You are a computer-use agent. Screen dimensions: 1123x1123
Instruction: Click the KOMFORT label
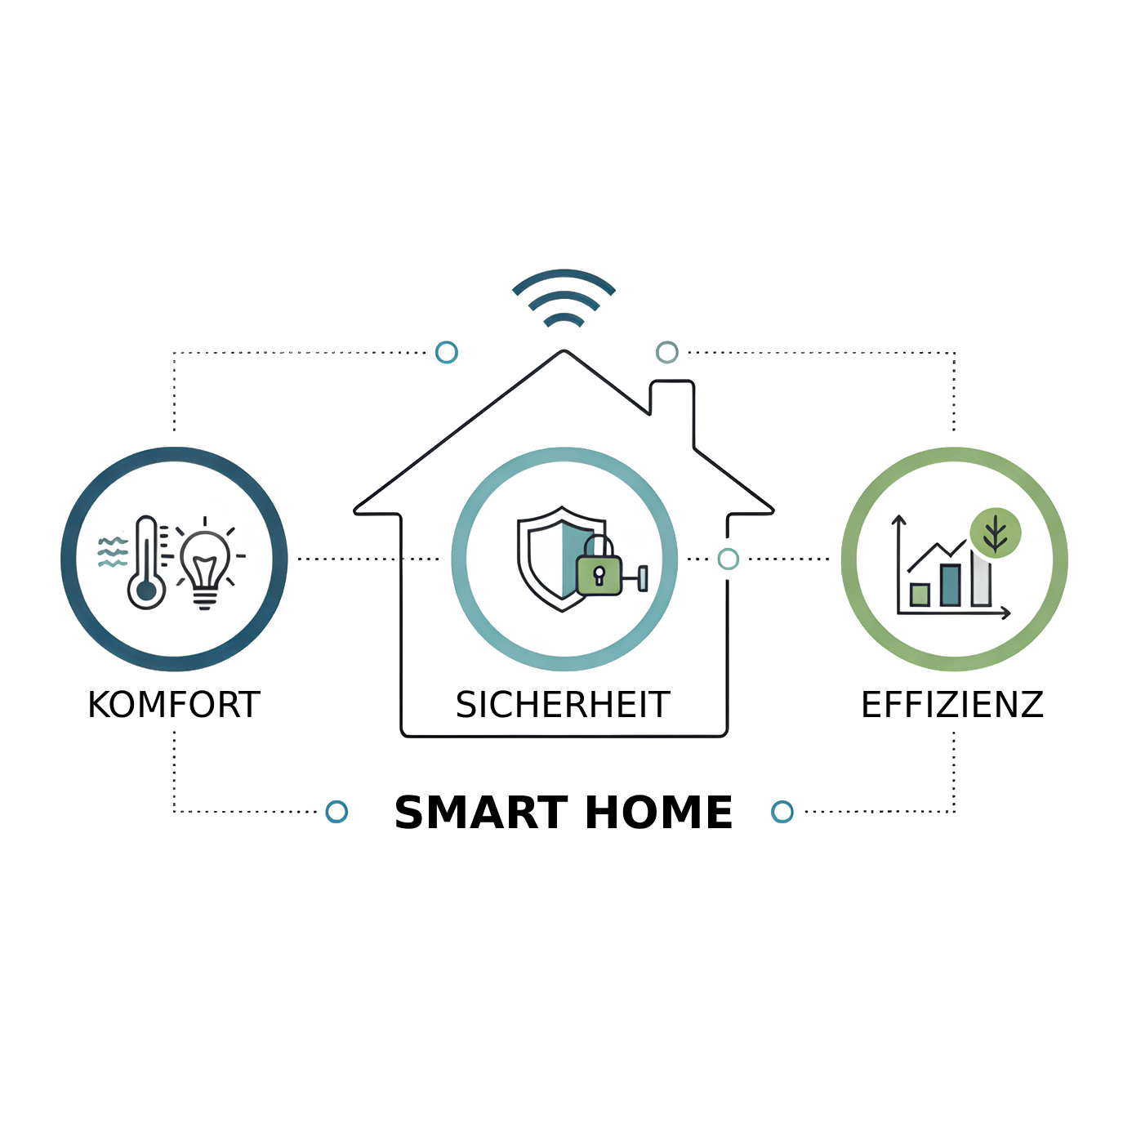174,705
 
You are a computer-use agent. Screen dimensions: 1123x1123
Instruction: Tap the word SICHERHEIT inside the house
563,705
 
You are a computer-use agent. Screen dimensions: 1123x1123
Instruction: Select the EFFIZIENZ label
951,705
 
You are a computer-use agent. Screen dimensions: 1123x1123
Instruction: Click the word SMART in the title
481,813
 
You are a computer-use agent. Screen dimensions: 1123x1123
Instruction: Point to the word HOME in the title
658,813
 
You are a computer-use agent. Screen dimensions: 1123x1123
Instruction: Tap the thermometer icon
145,563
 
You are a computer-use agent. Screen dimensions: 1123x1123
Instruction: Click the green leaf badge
995,533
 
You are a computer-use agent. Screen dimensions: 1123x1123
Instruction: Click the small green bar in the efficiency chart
920,595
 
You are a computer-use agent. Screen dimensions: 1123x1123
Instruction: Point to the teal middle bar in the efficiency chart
951,585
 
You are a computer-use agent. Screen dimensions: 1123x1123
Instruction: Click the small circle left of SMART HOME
336,811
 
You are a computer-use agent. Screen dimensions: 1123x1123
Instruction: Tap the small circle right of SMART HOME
782,811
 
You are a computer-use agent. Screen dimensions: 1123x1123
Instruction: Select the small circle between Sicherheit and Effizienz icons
728,559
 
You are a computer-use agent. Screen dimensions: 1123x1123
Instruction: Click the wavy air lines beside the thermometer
113,552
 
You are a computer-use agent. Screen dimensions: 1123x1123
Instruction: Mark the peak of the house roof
564,351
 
